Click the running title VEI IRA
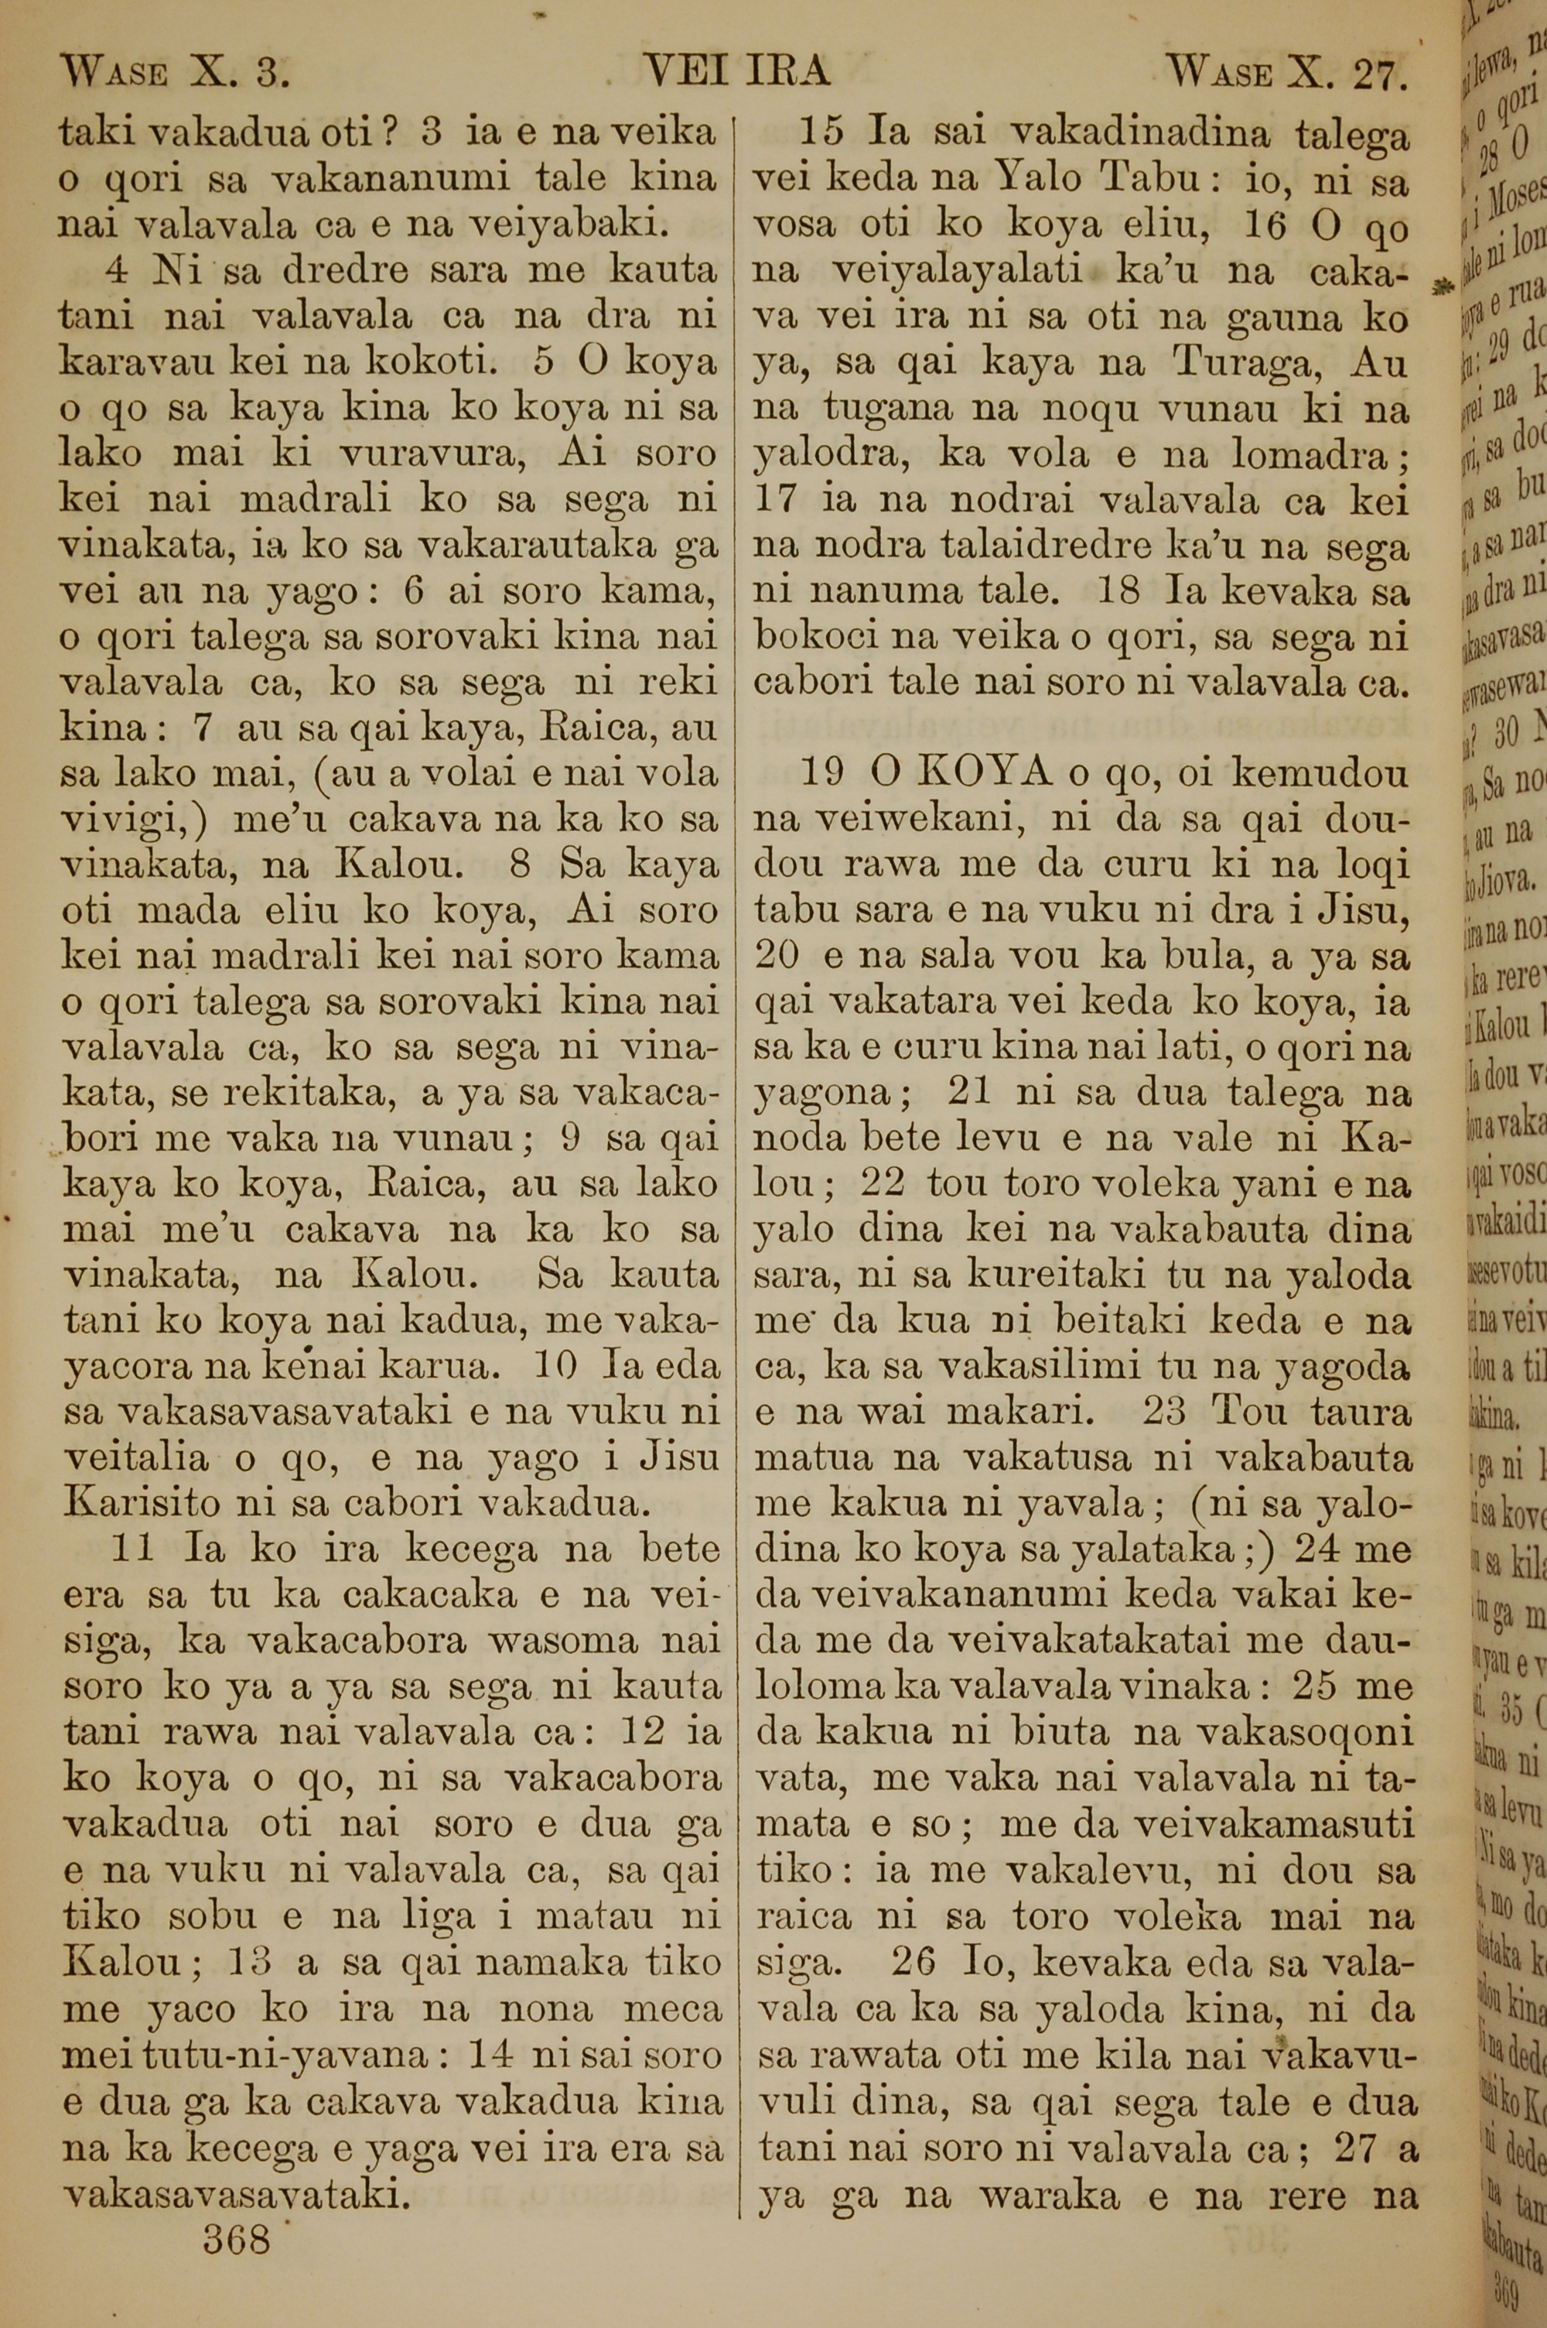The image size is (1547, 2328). click(x=736, y=72)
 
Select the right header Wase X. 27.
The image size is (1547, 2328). click(x=1285, y=72)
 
